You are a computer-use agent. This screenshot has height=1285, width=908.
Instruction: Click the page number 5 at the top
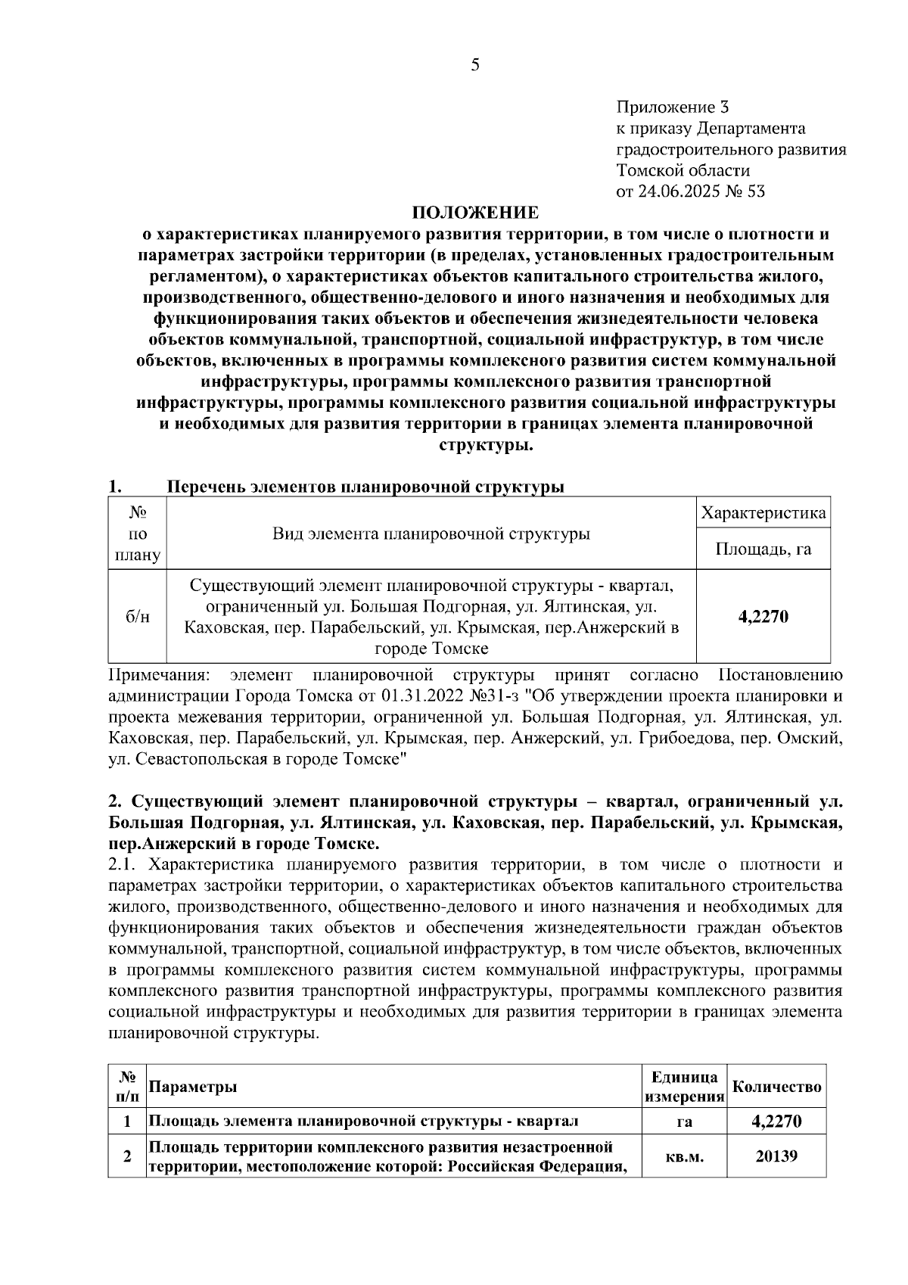tap(475, 65)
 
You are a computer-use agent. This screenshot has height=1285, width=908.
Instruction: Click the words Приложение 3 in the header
tap(673, 107)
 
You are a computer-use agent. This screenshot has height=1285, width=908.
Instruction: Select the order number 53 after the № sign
tap(756, 191)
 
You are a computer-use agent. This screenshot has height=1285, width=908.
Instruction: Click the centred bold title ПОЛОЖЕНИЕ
tap(475, 213)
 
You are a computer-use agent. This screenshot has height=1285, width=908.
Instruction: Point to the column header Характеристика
tap(763, 514)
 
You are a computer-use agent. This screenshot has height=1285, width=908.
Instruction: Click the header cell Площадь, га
tap(763, 549)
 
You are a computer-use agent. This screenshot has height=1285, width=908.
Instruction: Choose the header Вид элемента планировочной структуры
tap(431, 534)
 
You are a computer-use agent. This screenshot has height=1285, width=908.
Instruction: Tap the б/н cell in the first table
tap(137, 617)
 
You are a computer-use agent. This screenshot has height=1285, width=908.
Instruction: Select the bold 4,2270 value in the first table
tap(763, 617)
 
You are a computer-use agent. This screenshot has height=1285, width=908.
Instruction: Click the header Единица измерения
tap(684, 1087)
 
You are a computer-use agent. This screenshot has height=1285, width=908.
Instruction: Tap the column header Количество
tap(777, 1087)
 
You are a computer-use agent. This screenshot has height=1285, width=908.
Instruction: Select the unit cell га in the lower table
tap(684, 1122)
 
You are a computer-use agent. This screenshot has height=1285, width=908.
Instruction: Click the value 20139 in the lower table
tap(777, 1156)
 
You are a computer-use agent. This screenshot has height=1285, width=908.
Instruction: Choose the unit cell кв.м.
tap(684, 1157)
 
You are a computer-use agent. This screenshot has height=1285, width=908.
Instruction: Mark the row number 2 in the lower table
tap(127, 1156)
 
